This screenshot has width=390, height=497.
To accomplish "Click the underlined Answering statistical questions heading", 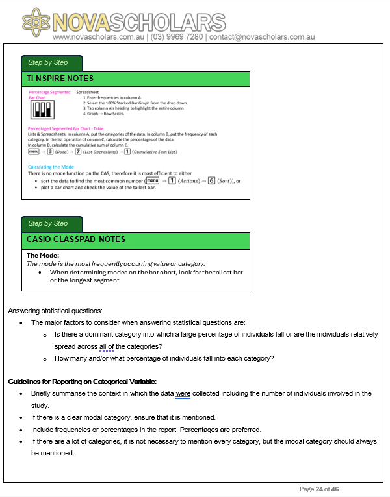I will pyautogui.click(x=55, y=311).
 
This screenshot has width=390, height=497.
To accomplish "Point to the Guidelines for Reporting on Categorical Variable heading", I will pyautogui.click(x=82, y=382).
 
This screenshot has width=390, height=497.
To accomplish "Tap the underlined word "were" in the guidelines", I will pyautogui.click(x=183, y=393).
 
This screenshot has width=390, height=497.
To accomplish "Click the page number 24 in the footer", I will pyautogui.click(x=319, y=489).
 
